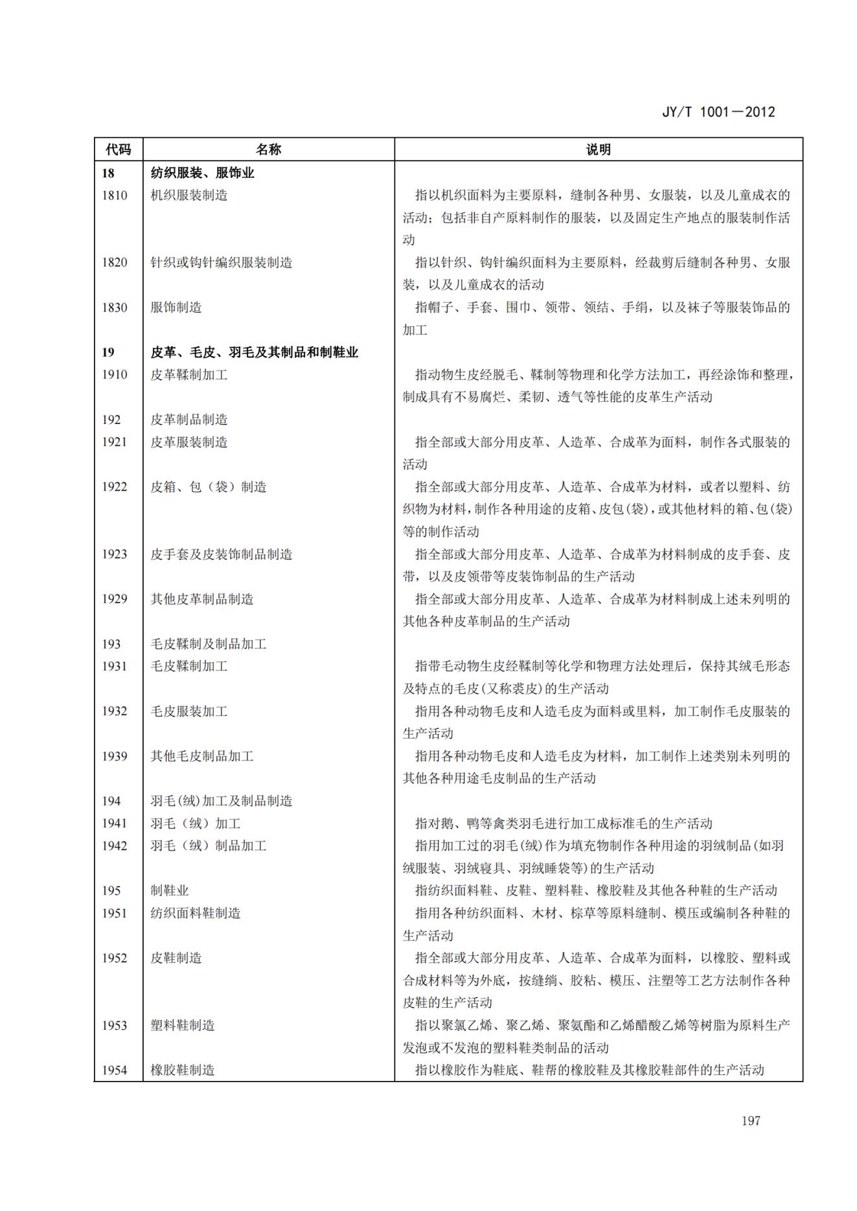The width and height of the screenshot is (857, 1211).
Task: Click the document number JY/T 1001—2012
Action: click(x=718, y=112)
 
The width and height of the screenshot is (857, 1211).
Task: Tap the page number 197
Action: click(x=751, y=1120)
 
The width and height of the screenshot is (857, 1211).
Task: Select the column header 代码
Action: click(x=118, y=150)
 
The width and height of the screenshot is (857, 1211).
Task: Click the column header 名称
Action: click(x=268, y=150)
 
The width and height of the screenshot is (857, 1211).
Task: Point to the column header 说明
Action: click(x=598, y=150)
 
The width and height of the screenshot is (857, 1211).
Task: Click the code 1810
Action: click(x=115, y=195)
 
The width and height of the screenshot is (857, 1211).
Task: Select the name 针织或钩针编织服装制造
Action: click(x=222, y=263)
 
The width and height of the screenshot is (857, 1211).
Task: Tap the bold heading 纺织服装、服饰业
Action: click(x=202, y=173)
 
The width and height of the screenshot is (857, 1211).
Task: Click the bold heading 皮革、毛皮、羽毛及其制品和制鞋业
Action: click(x=254, y=352)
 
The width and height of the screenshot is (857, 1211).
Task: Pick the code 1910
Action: click(x=115, y=375)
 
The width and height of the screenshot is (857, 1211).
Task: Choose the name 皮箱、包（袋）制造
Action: click(x=209, y=487)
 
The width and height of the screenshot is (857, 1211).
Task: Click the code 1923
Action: click(x=115, y=554)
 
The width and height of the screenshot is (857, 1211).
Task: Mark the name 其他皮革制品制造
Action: click(x=202, y=599)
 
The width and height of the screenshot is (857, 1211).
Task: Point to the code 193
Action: click(x=111, y=644)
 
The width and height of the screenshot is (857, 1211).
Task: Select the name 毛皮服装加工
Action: click(x=189, y=711)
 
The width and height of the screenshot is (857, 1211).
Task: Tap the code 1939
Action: click(x=115, y=756)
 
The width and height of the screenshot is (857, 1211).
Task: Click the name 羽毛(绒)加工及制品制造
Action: click(x=222, y=801)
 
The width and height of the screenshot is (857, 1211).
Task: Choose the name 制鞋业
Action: click(x=170, y=891)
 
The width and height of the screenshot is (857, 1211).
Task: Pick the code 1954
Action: click(x=115, y=1070)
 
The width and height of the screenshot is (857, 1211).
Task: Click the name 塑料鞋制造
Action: click(x=183, y=1025)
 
